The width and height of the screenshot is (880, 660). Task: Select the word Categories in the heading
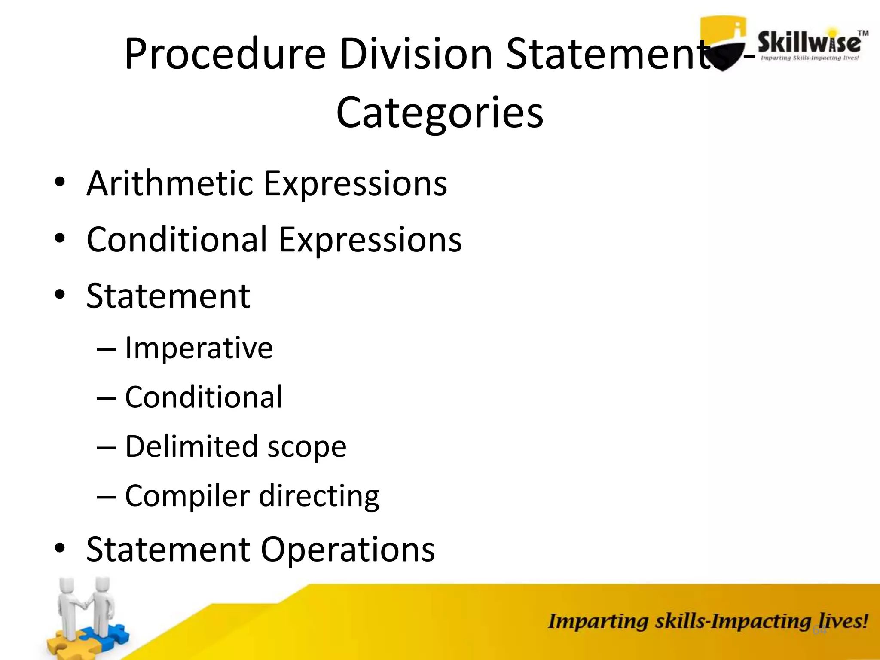pos(440,113)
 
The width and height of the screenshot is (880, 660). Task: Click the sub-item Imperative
pos(199,348)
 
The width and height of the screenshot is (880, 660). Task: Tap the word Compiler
pos(187,496)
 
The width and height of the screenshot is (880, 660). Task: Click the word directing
pos(319,497)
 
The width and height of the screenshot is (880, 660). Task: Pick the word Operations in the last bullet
pos(348,550)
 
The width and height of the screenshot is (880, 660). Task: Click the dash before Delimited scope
pos(106,447)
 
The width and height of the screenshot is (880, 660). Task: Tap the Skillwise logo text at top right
pos(809,43)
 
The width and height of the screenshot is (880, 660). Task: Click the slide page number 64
pos(819,630)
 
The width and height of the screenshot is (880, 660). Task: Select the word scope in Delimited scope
pos(307,447)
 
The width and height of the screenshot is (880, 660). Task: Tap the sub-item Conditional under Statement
pos(204,397)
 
